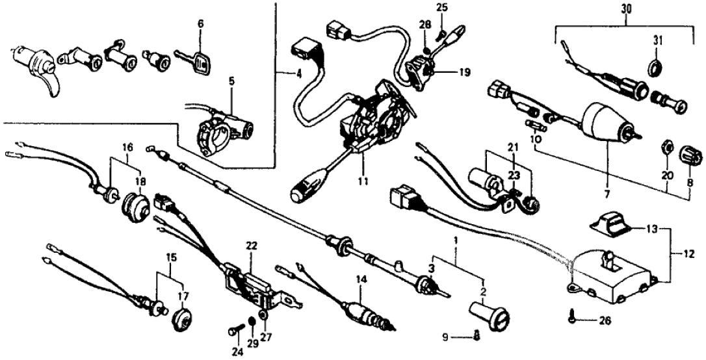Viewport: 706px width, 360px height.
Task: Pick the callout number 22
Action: [x=252, y=246]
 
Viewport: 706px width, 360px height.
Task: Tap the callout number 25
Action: [x=442, y=8]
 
